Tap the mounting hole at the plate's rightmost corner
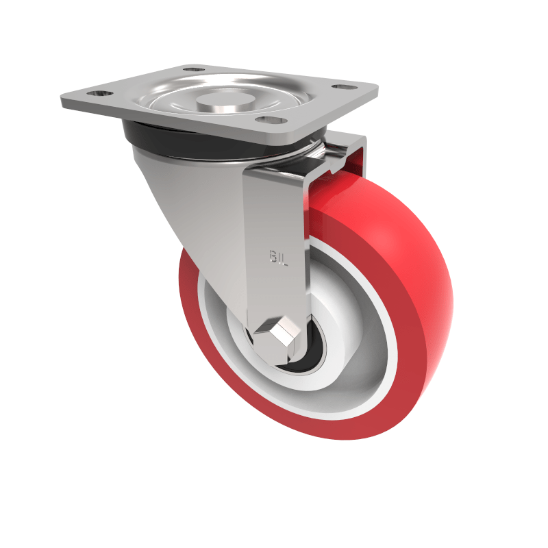[339, 87]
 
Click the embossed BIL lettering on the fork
[277, 256]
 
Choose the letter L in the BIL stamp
[284, 257]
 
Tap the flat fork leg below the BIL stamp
[274, 295]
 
